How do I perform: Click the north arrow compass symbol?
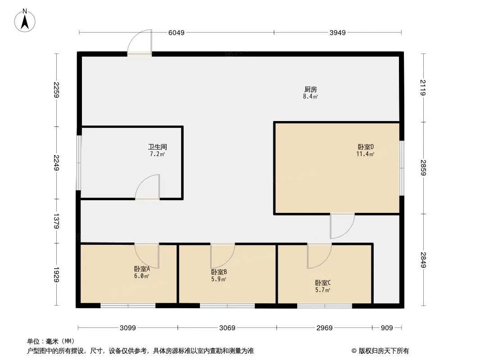(25, 21)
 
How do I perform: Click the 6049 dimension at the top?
(177, 33)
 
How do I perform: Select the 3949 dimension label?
(337, 33)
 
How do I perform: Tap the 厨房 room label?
(310, 89)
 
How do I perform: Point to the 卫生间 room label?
(157, 147)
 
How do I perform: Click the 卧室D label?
(366, 147)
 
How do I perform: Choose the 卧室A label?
(142, 269)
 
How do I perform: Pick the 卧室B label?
(218, 272)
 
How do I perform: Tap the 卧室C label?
(323, 283)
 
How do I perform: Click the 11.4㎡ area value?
(365, 154)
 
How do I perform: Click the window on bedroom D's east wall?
(402, 167)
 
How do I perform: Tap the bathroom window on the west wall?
(78, 163)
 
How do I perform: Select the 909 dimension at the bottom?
(387, 328)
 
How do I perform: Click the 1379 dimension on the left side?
(56, 221)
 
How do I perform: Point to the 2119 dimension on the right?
(423, 87)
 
